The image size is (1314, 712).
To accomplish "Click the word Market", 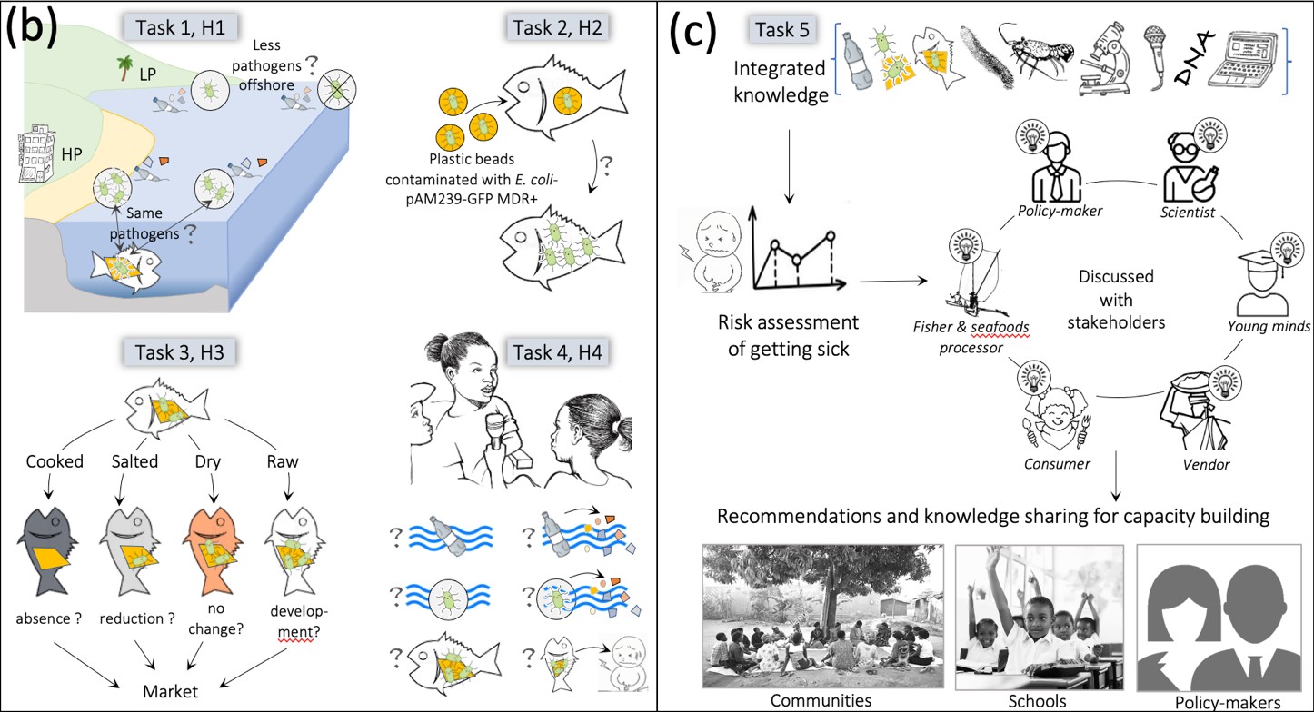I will coord(170,691).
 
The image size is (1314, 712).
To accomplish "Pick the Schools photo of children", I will coord(1040,617).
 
